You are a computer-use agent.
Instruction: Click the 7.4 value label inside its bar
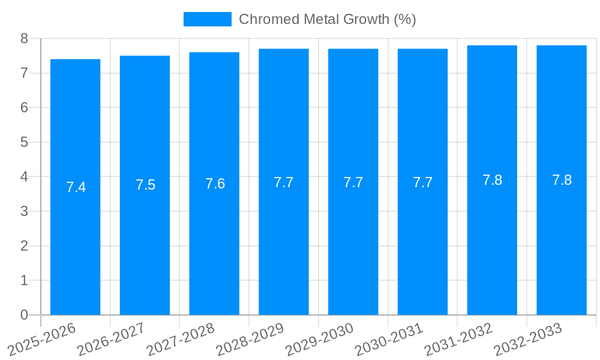76,187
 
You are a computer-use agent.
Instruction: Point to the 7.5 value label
145,185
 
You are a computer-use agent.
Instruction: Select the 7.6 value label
215,184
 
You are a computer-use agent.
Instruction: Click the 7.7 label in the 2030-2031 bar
422,182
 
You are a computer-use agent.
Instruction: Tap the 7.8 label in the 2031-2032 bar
492,180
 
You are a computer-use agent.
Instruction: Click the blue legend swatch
207,19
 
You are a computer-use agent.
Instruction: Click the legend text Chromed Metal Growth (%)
327,19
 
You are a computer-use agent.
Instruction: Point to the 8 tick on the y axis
24,38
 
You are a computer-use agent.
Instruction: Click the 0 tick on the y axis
24,315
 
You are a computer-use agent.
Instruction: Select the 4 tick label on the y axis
24,177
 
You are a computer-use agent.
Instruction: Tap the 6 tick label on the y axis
24,108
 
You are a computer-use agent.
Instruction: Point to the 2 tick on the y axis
24,246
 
